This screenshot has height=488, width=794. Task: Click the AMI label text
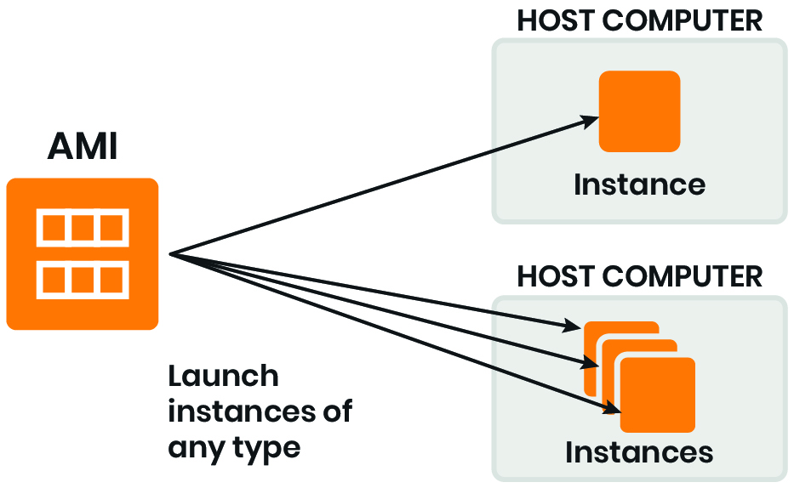pos(82,147)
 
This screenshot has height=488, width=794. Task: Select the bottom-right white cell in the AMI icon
pos(111,279)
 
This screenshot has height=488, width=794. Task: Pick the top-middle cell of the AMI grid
pos(83,227)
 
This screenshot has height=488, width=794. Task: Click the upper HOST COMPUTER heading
pos(639,20)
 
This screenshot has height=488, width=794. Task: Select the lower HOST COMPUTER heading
pos(639,276)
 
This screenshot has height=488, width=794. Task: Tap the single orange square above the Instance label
pos(639,111)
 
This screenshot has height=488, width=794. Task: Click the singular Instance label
pos(639,184)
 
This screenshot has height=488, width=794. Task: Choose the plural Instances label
pos(639,452)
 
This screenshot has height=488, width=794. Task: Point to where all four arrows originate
pos(172,253)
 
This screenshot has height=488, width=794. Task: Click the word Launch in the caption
pos(223,377)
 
